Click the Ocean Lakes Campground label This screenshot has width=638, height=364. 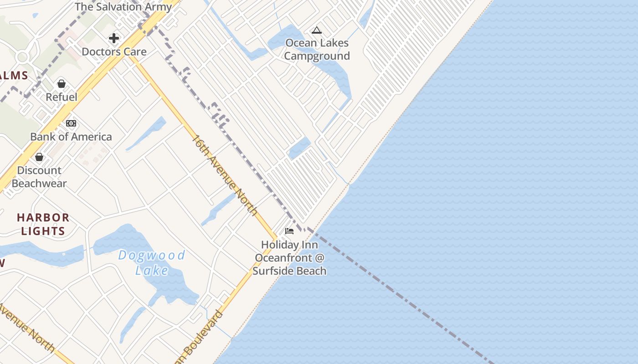tap(317, 50)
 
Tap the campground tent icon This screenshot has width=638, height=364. tap(317, 30)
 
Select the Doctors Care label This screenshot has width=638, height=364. tap(114, 52)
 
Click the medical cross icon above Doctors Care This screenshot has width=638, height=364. tap(114, 38)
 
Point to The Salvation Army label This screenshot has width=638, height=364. tap(123, 7)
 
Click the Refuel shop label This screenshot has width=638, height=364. tap(62, 97)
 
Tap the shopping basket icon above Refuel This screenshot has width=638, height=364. tap(62, 84)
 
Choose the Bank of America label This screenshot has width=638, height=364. tap(71, 136)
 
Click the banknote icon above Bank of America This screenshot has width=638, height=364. tap(71, 123)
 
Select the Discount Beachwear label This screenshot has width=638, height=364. tap(39, 177)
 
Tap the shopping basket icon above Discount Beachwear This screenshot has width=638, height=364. tap(39, 157)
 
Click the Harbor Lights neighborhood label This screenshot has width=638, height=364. tap(43, 224)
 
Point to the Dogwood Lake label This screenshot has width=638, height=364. tap(152, 263)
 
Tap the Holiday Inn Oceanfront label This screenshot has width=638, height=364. tap(289, 258)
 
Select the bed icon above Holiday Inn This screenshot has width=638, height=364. tap(289, 231)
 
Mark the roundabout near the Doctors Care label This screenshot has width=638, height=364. tap(22, 57)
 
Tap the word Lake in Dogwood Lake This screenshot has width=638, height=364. tap(152, 270)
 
